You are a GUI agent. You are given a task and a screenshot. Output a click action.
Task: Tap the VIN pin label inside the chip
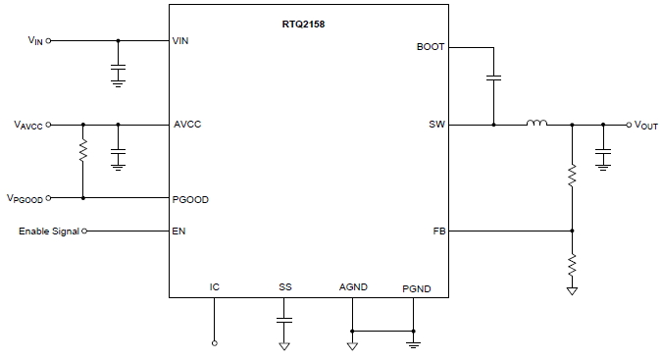tap(180, 41)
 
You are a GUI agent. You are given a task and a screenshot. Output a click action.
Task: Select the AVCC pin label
tap(187, 125)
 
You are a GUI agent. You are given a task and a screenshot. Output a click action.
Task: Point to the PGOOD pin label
tap(191, 198)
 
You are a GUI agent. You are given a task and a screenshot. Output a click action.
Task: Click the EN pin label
tap(179, 231)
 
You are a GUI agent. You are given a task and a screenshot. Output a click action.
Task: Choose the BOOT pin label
tap(430, 46)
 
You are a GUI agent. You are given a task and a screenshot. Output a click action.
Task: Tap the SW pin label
tap(436, 125)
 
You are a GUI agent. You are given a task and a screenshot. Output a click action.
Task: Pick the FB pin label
tap(437, 231)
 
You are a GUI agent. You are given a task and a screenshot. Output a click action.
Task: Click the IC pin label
tap(215, 286)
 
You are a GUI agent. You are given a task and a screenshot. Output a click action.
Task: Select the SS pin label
tap(284, 286)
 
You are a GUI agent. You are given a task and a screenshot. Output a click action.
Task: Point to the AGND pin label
tap(352, 286)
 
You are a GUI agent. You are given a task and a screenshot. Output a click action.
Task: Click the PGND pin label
tap(416, 289)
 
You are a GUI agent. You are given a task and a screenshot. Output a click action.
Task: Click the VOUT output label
tap(644, 126)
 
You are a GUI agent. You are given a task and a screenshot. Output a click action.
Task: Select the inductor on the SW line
tap(536, 124)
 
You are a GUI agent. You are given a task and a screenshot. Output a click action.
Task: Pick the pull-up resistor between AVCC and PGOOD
tap(83, 151)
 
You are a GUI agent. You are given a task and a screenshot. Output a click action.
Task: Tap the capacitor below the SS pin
tap(284, 320)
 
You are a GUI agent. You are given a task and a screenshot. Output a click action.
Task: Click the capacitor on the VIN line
tap(118, 70)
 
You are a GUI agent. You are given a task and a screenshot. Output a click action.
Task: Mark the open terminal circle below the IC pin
tap(215, 343)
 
